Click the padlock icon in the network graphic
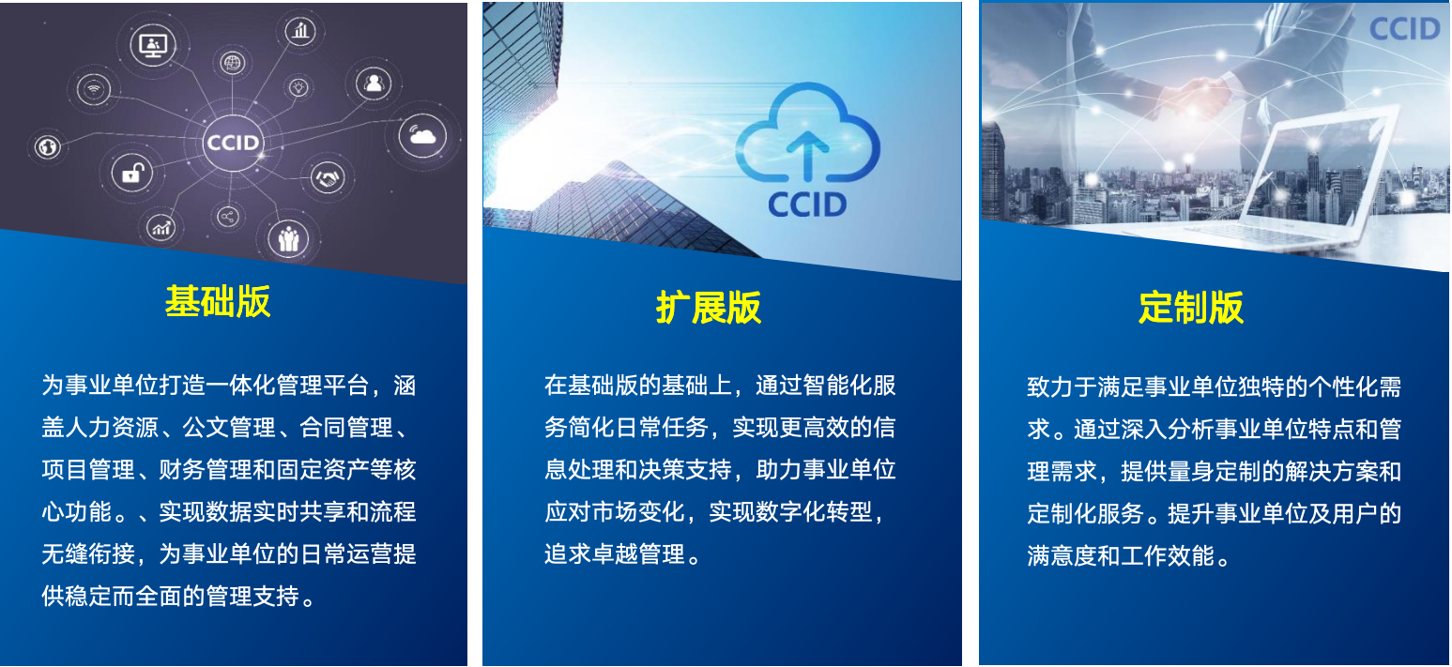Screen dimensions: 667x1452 [131, 173]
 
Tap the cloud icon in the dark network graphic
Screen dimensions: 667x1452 [422, 137]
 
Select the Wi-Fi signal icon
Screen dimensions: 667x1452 [93, 90]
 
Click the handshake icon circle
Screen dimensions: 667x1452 [328, 176]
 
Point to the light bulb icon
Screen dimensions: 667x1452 [298, 87]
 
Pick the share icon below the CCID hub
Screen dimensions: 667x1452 [227, 218]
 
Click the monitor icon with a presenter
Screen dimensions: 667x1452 [152, 45]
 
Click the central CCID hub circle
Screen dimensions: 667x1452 [232, 144]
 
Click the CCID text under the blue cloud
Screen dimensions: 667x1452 [807, 204]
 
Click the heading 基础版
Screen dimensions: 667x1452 [218, 302]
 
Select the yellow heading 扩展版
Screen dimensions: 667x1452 [709, 308]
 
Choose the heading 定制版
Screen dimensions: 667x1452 [1190, 307]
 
